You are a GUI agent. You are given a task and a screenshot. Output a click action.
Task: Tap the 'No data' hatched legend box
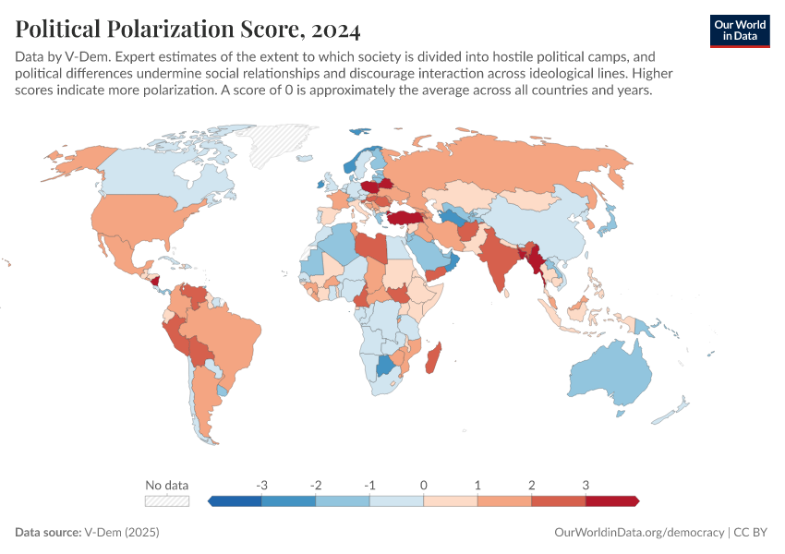pos(167,500)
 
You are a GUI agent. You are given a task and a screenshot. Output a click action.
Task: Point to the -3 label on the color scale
pos(262,485)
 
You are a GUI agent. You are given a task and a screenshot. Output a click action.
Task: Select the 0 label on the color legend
pos(424,485)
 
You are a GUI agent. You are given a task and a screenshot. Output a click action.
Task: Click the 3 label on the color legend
pos(586,485)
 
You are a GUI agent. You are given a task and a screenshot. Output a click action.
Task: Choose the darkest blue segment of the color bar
pos(235,500)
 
